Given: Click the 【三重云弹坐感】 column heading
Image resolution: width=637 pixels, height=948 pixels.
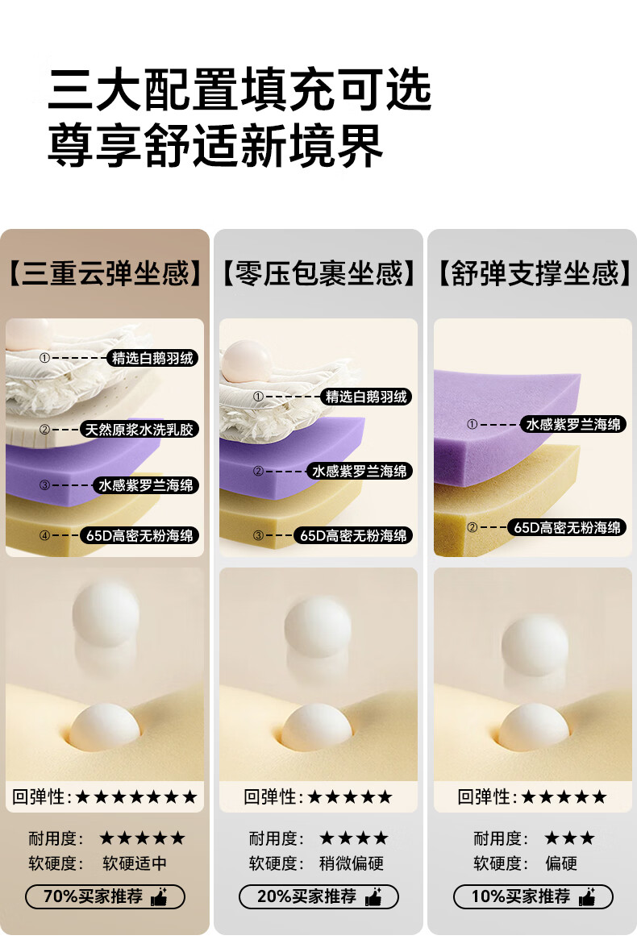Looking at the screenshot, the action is click(x=105, y=273).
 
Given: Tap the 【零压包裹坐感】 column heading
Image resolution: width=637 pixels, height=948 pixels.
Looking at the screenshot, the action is click(x=318, y=273).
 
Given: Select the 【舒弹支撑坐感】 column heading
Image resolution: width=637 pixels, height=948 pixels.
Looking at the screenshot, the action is click(x=532, y=273).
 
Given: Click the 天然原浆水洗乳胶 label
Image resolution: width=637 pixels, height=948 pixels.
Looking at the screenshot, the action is click(x=139, y=429).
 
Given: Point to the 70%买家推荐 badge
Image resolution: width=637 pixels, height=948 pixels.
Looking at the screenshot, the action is click(x=105, y=896).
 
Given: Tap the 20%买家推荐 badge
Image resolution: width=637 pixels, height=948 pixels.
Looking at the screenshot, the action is click(x=318, y=896).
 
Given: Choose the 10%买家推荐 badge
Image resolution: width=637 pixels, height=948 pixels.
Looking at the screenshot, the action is click(x=533, y=896).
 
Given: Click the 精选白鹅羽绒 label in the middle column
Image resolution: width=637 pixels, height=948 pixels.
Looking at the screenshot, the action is click(x=366, y=397).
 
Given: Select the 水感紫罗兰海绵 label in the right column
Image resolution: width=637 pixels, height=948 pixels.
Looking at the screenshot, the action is click(x=572, y=424).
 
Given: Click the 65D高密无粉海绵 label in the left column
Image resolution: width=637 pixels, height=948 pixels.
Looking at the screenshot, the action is click(x=139, y=535).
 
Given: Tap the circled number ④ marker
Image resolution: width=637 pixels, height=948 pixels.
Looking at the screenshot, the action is click(x=44, y=535).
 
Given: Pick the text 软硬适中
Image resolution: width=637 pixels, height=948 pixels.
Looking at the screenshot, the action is click(x=135, y=863).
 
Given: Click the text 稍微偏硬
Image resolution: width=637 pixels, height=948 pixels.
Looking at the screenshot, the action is click(x=352, y=863).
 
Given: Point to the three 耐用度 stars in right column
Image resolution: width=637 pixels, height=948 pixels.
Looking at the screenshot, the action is click(x=569, y=838).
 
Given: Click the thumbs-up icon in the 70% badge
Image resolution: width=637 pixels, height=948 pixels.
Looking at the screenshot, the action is click(x=159, y=896).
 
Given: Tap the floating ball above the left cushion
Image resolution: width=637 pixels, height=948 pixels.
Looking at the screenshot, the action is click(x=106, y=613).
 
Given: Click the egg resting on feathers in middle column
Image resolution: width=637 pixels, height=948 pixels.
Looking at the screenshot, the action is click(x=248, y=361).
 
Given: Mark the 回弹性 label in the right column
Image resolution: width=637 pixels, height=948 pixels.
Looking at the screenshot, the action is click(x=484, y=796).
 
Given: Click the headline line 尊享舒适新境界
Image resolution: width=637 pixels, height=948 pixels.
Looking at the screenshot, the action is click(x=215, y=146).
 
